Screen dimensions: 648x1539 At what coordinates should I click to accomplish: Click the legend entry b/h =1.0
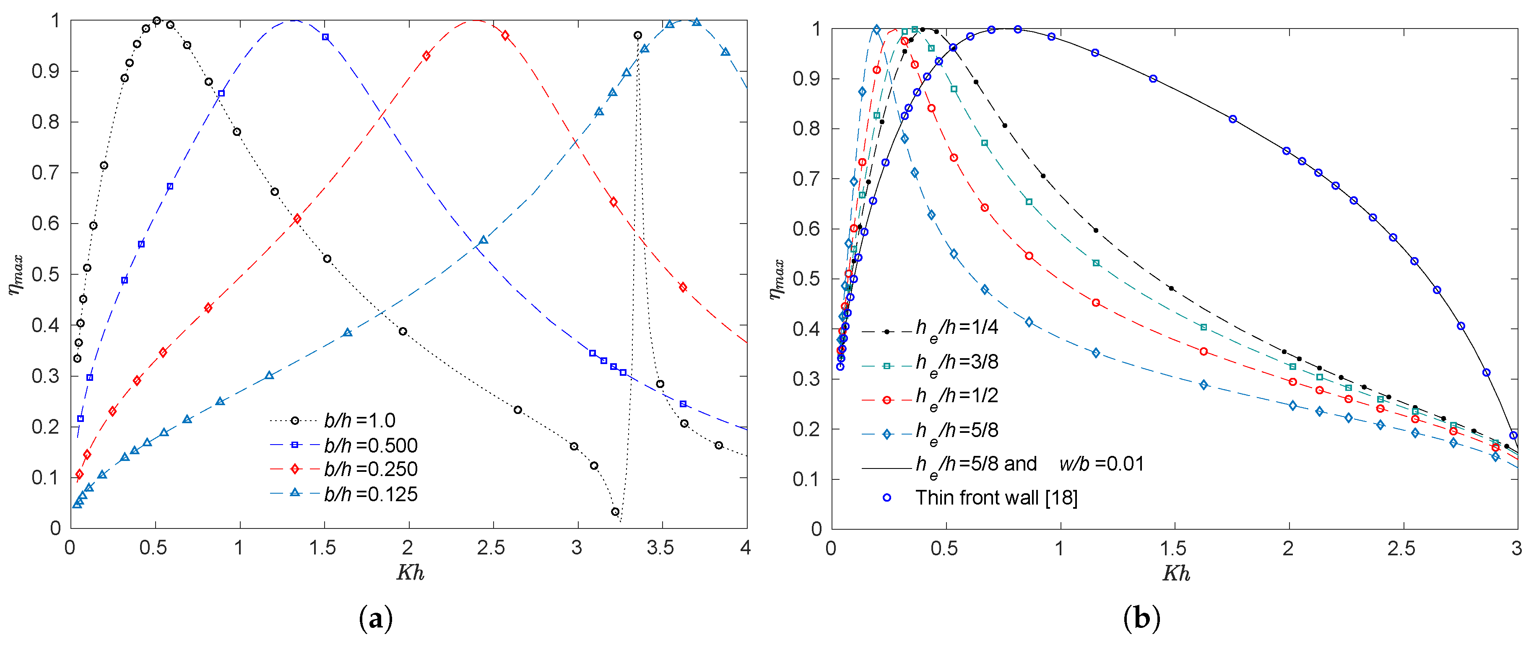pyautogui.click(x=359, y=420)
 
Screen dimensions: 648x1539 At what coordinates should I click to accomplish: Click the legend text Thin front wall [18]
pyautogui.click(x=996, y=498)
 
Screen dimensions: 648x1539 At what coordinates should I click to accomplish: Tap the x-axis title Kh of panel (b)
pyautogui.click(x=1176, y=573)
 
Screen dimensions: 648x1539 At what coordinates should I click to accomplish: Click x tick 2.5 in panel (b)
pyautogui.click(x=1401, y=549)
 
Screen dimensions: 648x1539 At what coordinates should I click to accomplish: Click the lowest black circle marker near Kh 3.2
pyautogui.click(x=615, y=512)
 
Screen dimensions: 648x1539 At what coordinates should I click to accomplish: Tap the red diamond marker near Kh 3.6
pyautogui.click(x=683, y=288)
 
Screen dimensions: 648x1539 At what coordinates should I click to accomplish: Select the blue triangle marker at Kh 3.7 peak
pyautogui.click(x=697, y=22)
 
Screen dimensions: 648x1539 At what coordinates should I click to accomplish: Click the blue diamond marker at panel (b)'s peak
pyautogui.click(x=876, y=29)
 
